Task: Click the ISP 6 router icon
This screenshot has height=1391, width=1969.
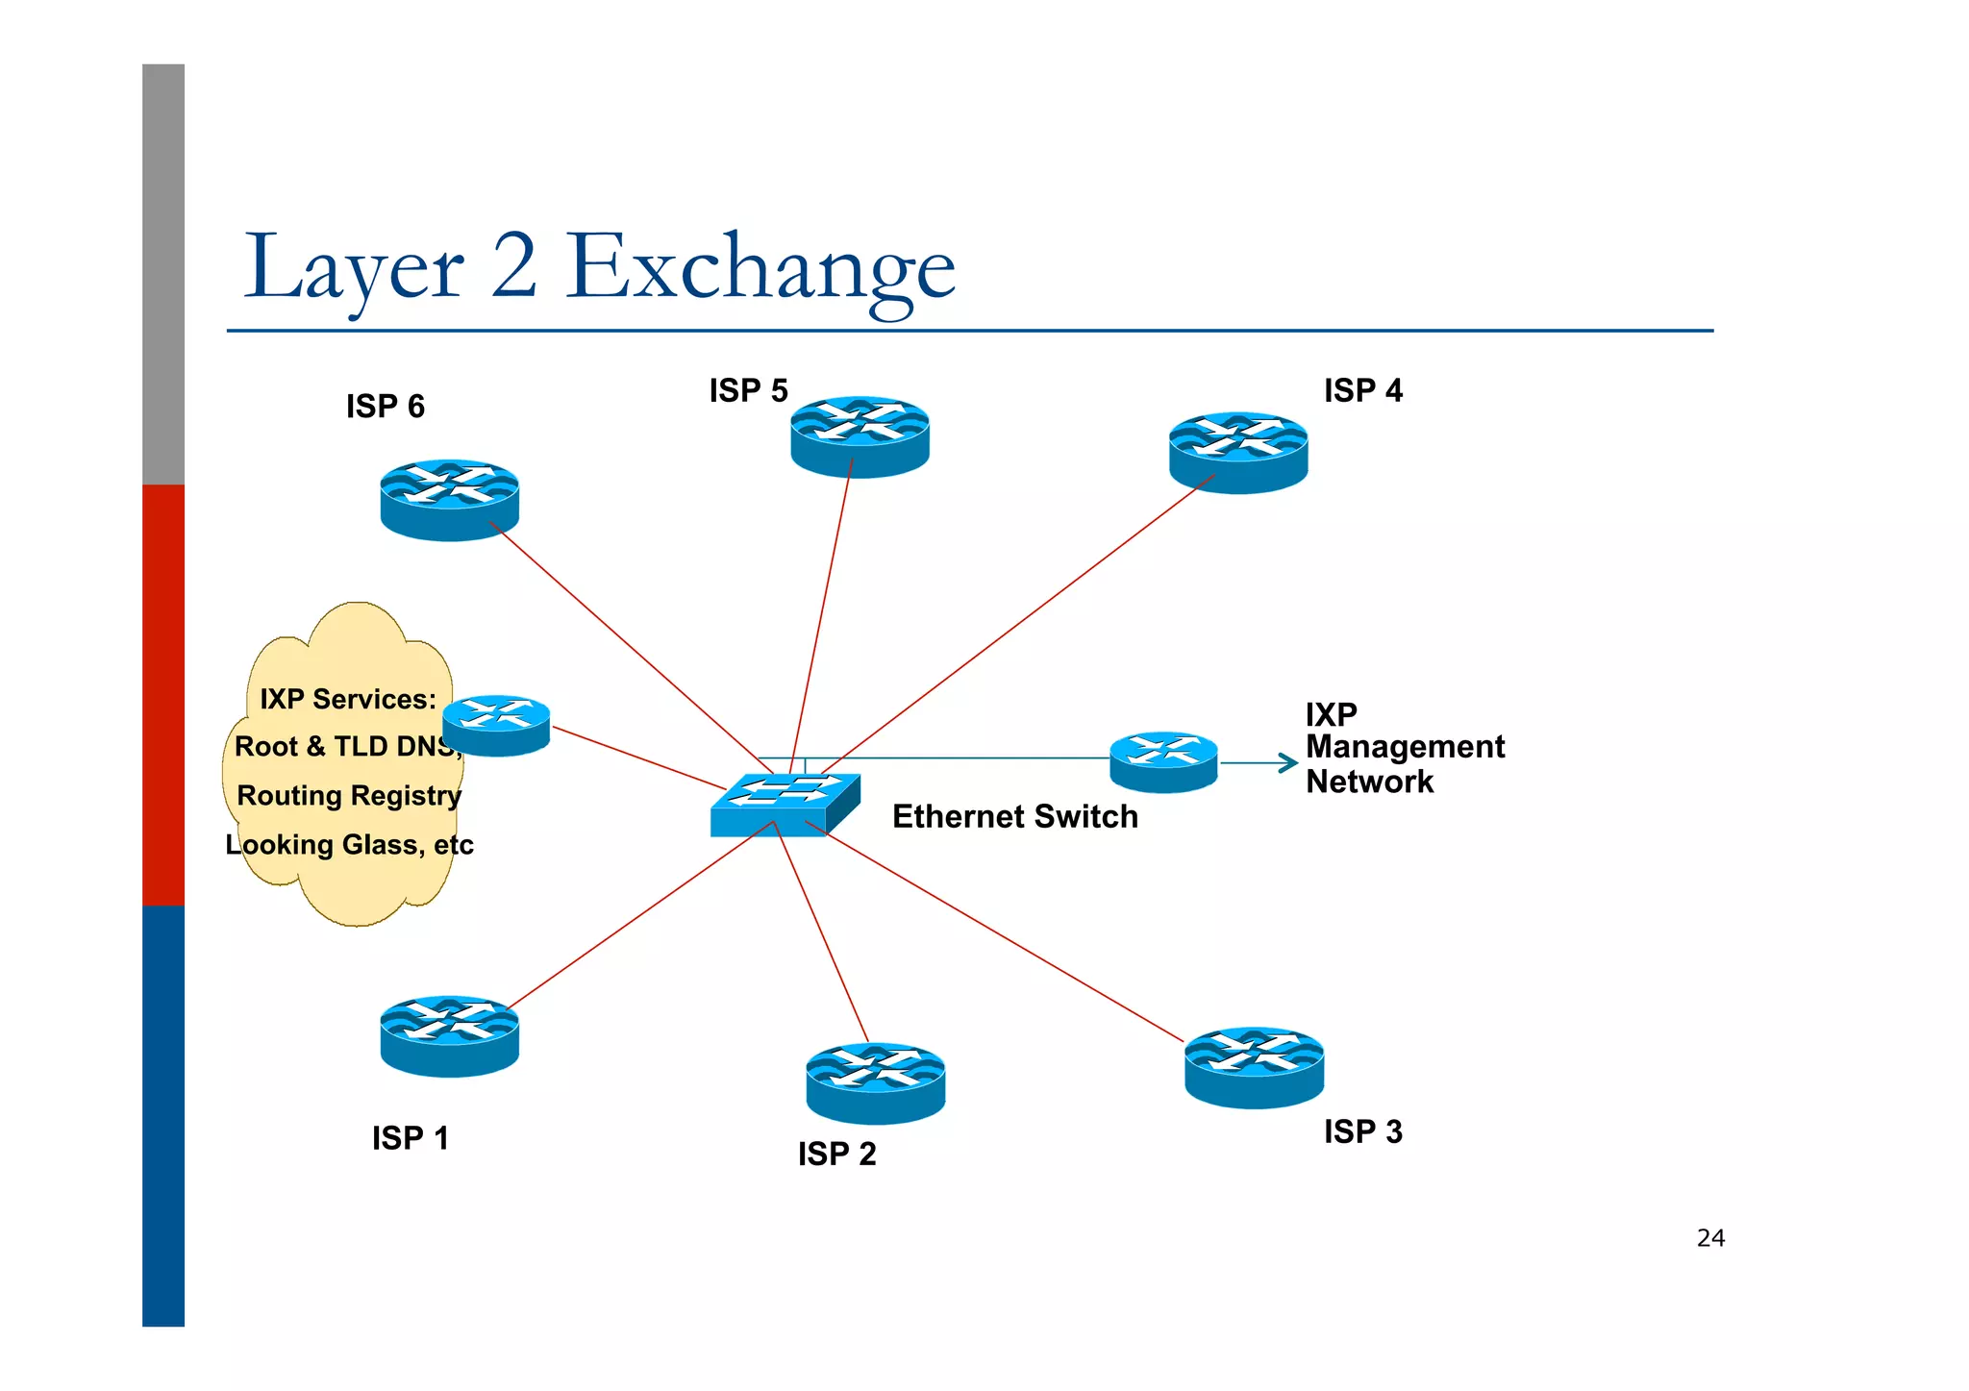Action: (x=449, y=500)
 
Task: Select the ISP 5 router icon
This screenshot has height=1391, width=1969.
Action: (x=860, y=436)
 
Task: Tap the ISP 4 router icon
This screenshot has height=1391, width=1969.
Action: (x=1238, y=453)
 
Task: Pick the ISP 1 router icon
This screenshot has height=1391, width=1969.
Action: (x=449, y=1035)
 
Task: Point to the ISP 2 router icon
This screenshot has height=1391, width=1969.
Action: (x=875, y=1082)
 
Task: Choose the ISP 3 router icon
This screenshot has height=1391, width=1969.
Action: (x=1254, y=1067)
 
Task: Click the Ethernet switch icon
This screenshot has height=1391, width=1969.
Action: (x=784, y=806)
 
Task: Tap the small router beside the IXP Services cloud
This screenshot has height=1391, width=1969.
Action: (x=496, y=726)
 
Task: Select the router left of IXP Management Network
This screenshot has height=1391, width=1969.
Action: (x=1163, y=762)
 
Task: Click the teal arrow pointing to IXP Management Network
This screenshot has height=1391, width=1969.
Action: (x=1259, y=763)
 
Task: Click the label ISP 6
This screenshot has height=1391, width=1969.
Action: (x=385, y=407)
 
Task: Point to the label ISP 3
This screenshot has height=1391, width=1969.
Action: (x=1362, y=1131)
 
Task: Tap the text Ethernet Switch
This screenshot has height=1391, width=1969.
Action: (x=1014, y=816)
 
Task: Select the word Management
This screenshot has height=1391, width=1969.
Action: (x=1405, y=747)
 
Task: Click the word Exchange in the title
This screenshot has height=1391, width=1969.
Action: (x=760, y=267)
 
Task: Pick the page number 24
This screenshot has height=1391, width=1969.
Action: (x=1710, y=1238)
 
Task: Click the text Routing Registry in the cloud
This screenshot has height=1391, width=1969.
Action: (x=349, y=796)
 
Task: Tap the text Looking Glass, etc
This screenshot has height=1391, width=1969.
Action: (x=349, y=845)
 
